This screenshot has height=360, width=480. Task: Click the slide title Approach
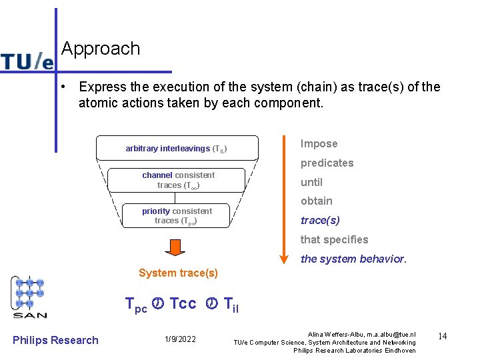tap(101, 49)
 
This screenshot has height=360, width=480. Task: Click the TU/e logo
tap(27, 61)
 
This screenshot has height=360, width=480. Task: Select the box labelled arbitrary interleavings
tap(177, 148)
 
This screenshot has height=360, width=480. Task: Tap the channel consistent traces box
tap(178, 180)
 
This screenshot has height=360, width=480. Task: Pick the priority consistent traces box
tap(177, 216)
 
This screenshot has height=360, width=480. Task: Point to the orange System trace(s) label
tap(178, 273)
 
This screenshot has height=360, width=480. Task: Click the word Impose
tap(319, 144)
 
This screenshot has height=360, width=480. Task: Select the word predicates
tap(327, 163)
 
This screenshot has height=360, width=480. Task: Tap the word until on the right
tap(311, 182)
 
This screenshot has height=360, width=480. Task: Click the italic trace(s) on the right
tap(320, 220)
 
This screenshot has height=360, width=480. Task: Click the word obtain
tap(316, 201)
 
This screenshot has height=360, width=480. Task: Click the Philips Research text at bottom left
tap(55, 340)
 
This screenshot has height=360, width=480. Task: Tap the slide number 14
tap(441, 336)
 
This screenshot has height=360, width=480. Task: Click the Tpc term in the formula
tap(137, 305)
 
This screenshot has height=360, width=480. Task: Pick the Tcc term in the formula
tap(183, 304)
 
